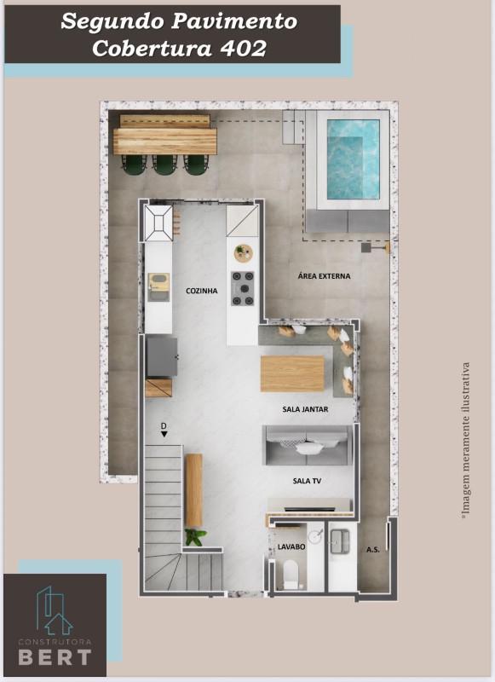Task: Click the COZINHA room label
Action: (x=202, y=291)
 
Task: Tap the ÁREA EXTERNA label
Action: (x=324, y=275)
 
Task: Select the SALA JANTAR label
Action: (x=305, y=409)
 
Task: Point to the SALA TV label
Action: (x=307, y=481)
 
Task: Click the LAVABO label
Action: (x=291, y=546)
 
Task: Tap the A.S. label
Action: (x=373, y=550)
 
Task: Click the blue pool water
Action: (x=353, y=159)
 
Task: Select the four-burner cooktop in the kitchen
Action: (x=243, y=288)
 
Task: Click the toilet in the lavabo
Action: (x=291, y=573)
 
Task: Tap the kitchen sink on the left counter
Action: (x=158, y=287)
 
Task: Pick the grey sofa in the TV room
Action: (x=308, y=446)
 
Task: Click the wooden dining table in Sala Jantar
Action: (x=292, y=373)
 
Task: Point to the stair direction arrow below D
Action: (x=164, y=434)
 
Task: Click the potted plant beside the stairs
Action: (x=194, y=537)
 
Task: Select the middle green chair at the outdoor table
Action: (x=164, y=165)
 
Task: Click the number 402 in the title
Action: (x=243, y=49)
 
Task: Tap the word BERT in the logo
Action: (x=55, y=657)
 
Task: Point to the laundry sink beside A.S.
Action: (x=340, y=541)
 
